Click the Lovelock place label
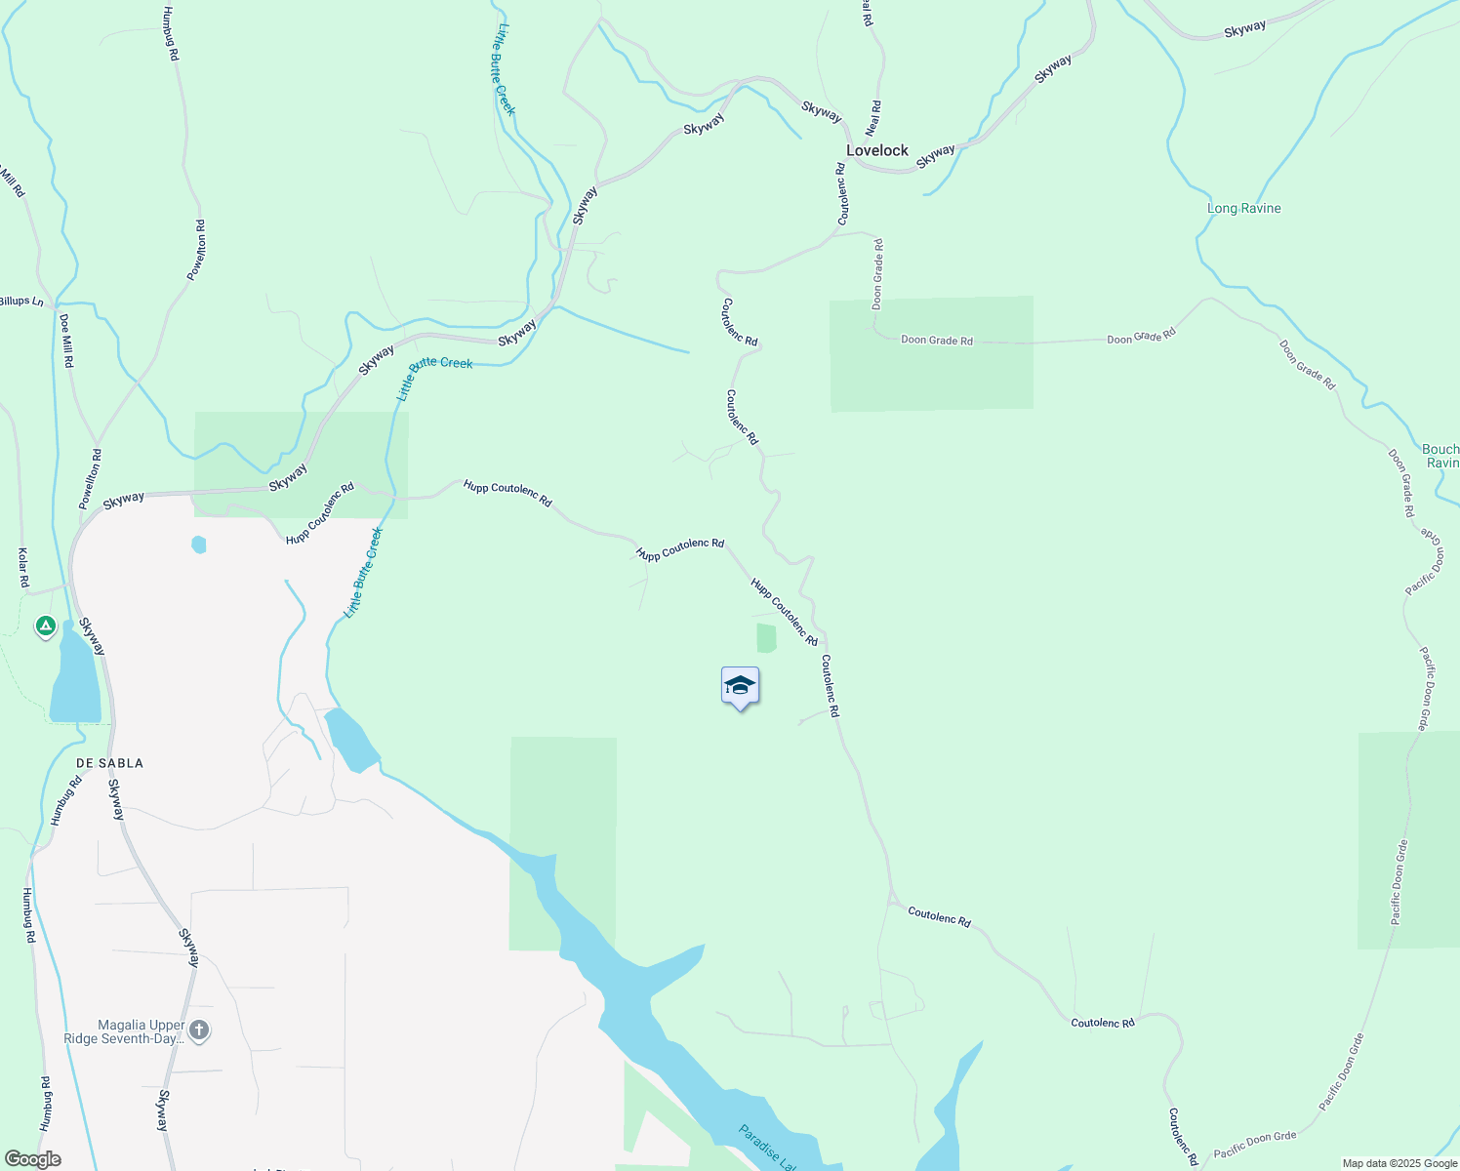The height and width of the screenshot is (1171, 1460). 876,150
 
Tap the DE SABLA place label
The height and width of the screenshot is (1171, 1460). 110,763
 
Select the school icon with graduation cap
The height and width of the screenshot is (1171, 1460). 740,686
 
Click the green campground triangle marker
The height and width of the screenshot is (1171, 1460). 45,626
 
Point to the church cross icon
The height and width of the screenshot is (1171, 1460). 199,1030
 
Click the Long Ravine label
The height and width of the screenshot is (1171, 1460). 1243,208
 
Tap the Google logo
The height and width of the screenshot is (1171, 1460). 32,1159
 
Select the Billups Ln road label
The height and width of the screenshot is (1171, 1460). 21,302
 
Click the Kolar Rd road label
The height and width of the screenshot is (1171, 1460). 23,568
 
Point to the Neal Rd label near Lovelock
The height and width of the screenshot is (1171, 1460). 873,117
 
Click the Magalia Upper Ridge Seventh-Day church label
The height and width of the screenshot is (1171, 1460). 141,1031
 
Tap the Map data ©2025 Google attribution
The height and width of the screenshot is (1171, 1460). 1399,1163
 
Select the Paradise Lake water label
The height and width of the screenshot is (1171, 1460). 766,1148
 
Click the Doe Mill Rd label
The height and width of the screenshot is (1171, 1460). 66,341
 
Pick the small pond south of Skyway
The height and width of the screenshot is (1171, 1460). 199,545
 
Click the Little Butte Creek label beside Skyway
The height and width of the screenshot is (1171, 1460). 434,376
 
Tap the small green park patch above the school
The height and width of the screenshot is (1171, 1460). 766,638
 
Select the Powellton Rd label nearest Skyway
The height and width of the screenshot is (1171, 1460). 90,479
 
